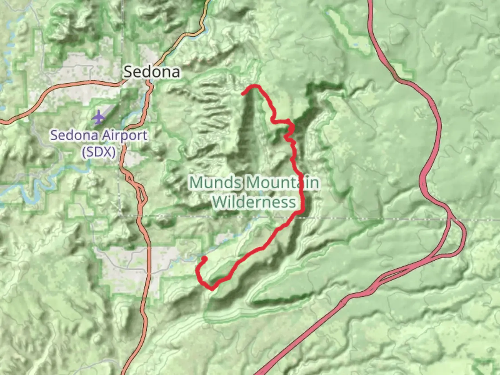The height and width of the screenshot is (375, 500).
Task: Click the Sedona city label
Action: point(152,72)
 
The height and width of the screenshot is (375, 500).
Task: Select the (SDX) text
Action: point(99,151)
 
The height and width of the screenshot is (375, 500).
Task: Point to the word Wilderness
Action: point(254,202)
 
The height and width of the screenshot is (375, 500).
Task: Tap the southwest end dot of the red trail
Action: point(204,259)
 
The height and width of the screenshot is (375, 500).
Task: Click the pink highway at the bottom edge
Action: point(259,373)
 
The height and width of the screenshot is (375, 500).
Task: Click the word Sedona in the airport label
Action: point(68,135)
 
